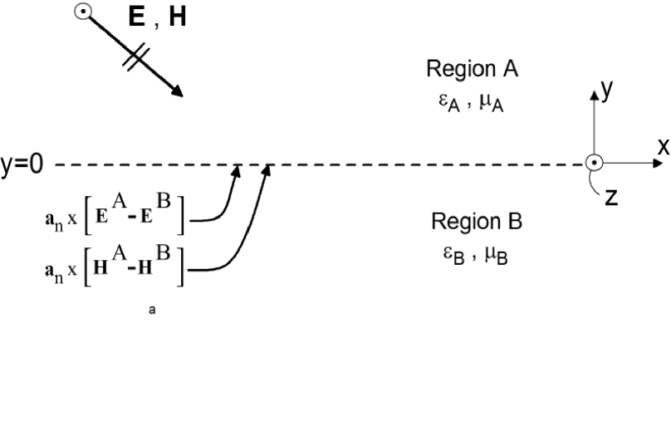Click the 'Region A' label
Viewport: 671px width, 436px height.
pos(472,69)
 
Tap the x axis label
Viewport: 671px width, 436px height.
pos(663,147)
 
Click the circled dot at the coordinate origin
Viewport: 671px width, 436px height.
pos(594,164)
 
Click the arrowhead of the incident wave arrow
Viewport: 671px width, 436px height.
pos(178,92)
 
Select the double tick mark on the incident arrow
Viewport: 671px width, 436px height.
pos(136,56)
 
